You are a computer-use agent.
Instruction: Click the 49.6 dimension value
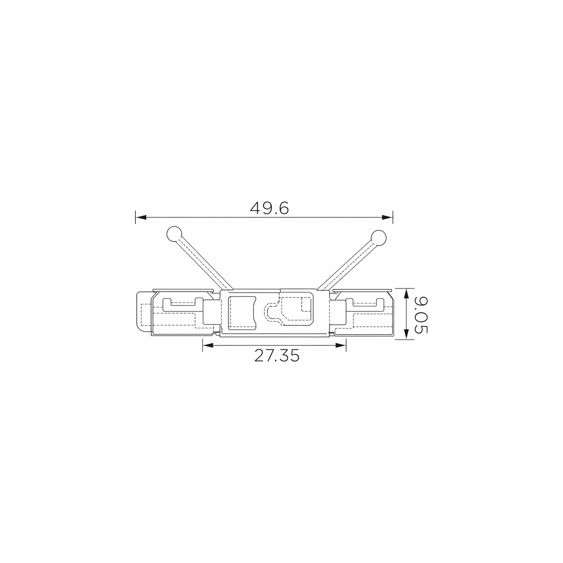point(269,208)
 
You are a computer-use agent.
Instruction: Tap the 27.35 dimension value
point(277,356)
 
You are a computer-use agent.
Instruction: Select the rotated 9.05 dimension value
point(421,315)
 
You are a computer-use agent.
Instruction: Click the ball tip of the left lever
point(174,234)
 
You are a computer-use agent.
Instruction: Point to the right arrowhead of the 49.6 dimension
point(387,218)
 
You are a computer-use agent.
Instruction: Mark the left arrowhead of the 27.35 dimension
point(208,345)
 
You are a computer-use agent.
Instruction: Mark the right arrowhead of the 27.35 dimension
point(341,345)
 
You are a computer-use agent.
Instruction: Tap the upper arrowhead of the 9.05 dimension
point(406,294)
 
